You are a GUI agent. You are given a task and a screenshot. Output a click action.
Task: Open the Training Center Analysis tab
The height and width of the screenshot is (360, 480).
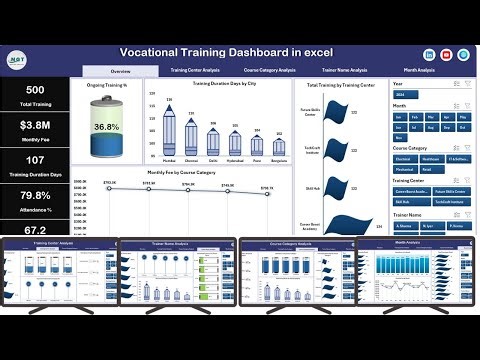(195, 71)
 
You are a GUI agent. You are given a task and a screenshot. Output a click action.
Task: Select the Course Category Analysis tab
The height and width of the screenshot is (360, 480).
(269, 71)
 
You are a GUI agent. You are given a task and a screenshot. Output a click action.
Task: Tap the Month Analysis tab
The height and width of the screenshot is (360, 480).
(419, 71)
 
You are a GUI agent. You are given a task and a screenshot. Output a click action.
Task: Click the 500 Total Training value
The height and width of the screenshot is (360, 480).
(35, 90)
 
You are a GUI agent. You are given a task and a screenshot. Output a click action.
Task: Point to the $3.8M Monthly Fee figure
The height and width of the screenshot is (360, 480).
(35, 125)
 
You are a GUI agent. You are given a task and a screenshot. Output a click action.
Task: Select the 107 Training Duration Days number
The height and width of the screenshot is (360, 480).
(35, 160)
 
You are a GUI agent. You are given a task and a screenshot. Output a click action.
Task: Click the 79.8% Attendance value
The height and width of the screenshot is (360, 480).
(35, 195)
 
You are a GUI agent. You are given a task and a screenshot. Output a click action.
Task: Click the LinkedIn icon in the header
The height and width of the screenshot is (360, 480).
(429, 54)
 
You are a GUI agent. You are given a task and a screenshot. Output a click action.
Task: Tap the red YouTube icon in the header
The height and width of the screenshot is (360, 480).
(446, 54)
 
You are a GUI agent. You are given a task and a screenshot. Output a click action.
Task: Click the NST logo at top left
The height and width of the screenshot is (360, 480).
(18, 59)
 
